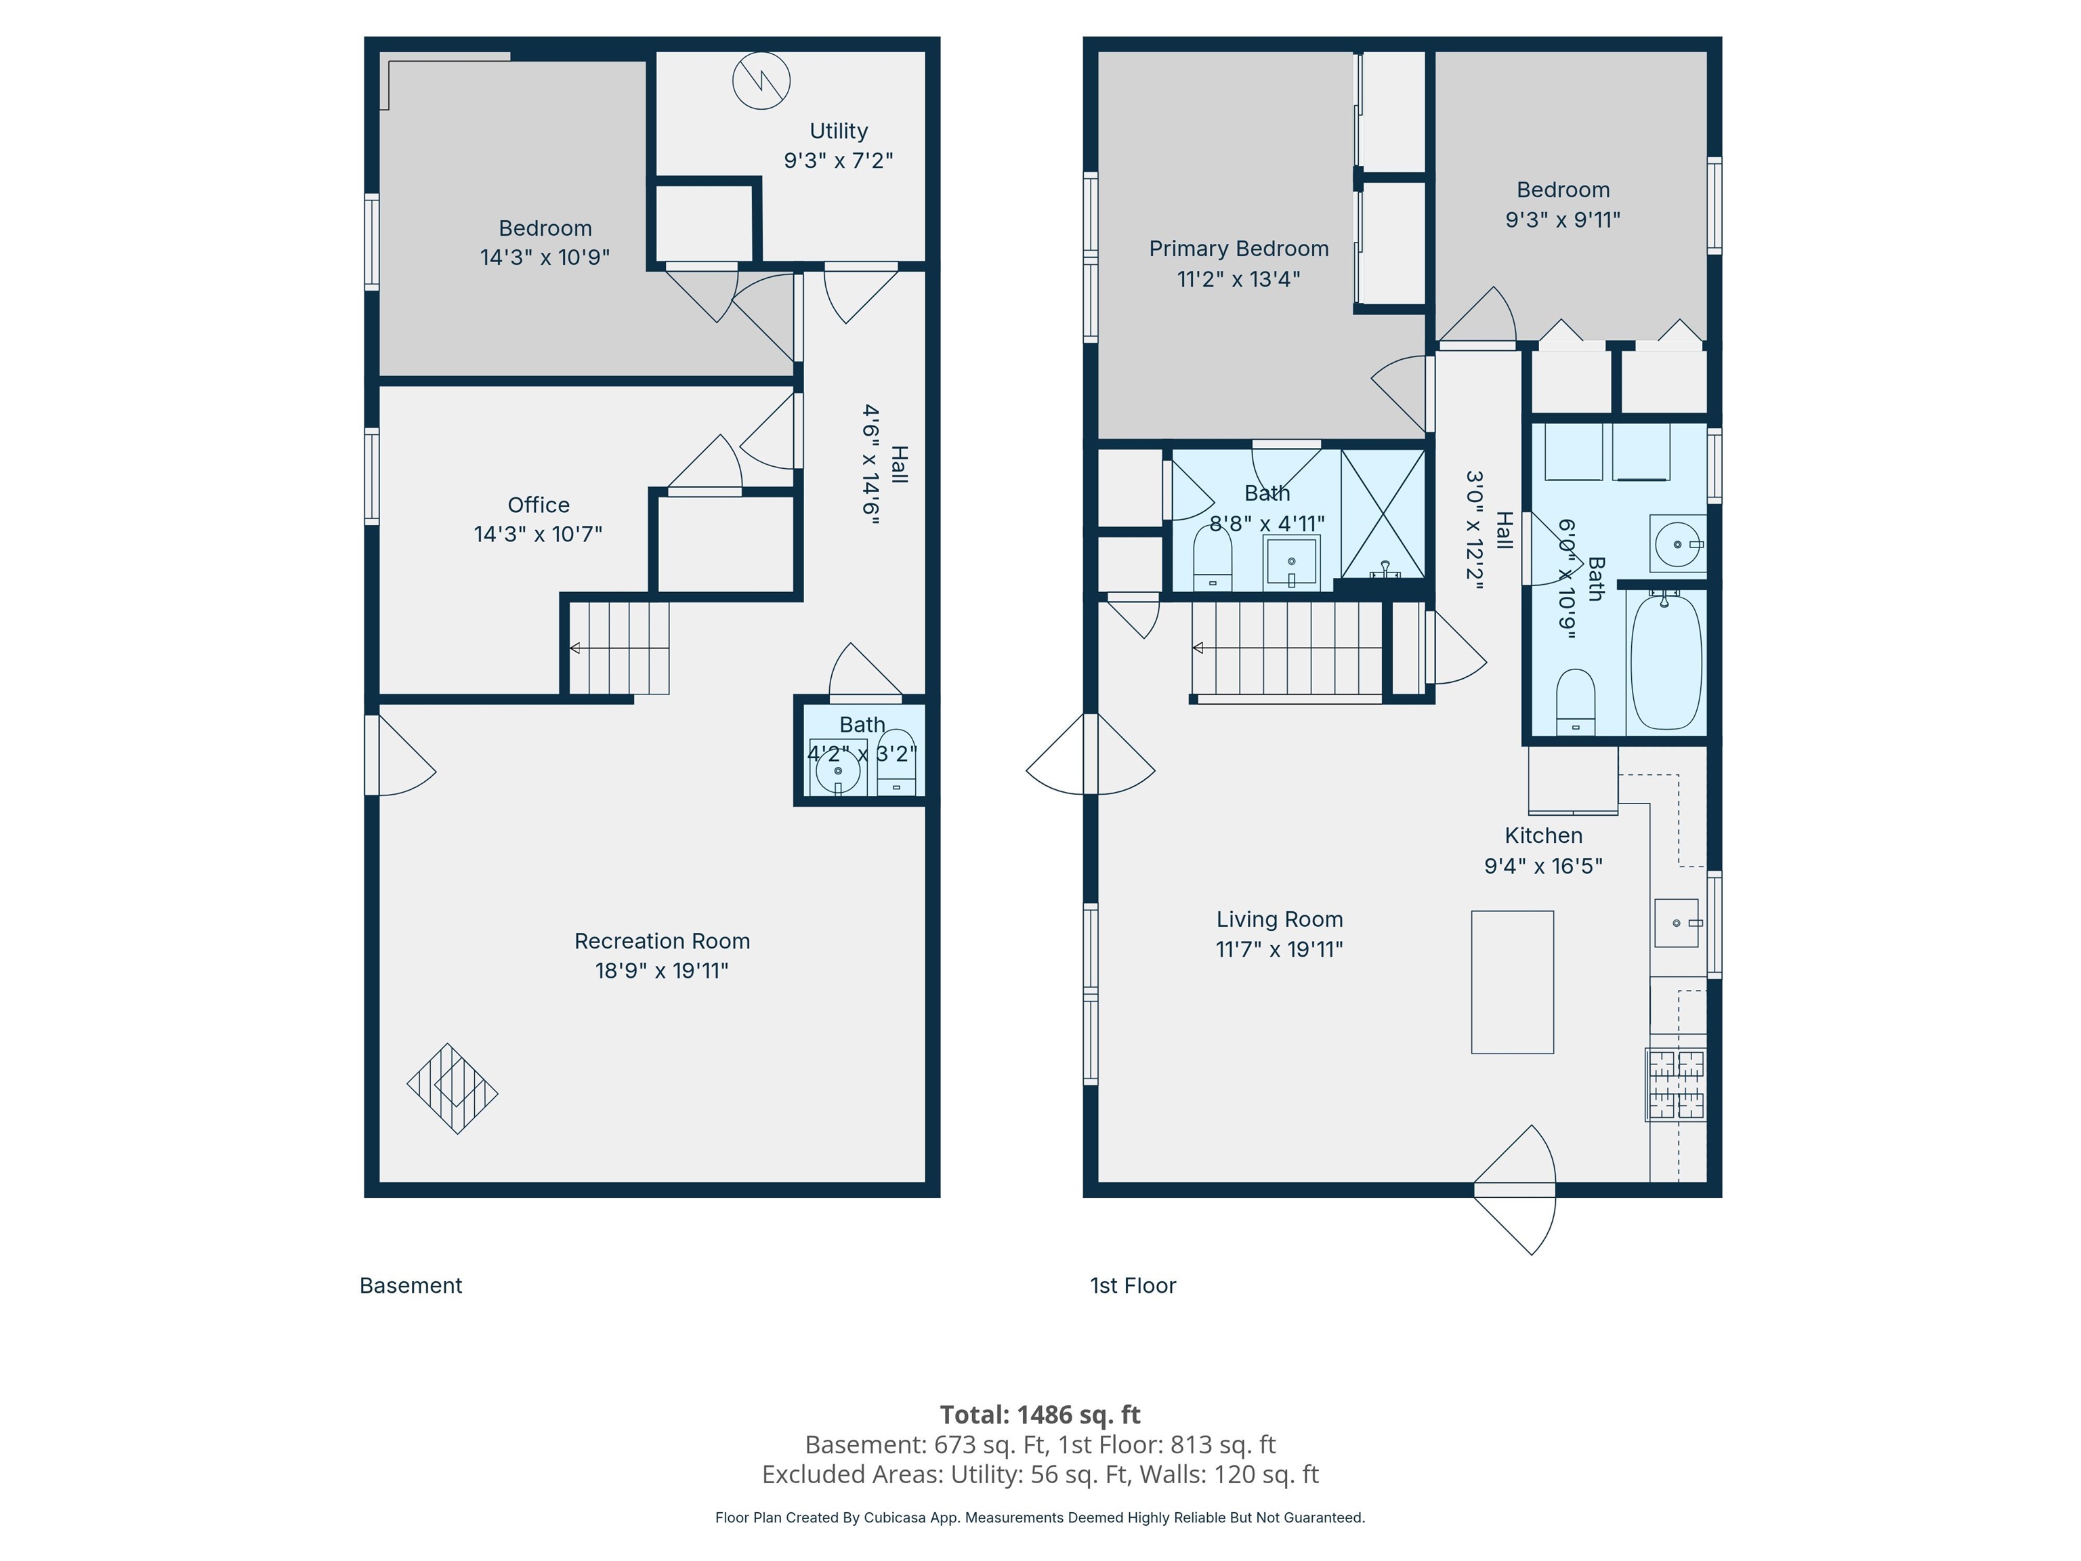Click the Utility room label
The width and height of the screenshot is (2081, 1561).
click(838, 131)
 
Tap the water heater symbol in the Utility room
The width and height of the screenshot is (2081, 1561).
click(761, 80)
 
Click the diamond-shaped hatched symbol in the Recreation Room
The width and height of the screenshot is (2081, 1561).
click(453, 1089)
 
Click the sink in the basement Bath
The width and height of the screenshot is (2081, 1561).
click(837, 772)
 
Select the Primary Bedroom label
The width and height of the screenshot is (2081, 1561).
click(1239, 249)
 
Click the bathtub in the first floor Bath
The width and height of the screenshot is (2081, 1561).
click(1665, 661)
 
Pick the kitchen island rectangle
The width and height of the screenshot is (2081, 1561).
click(1513, 982)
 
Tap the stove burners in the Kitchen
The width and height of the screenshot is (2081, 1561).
click(1675, 1085)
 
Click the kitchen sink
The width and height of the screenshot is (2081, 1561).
click(1677, 923)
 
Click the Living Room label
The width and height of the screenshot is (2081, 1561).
click(1280, 919)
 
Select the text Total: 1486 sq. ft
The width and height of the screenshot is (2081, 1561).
click(1040, 1414)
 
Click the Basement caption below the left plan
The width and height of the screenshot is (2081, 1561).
click(411, 1285)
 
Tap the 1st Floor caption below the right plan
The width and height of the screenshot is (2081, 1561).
click(1133, 1285)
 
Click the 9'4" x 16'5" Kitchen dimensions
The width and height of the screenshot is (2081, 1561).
click(1544, 866)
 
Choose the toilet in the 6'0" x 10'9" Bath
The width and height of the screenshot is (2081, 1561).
click(1576, 702)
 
